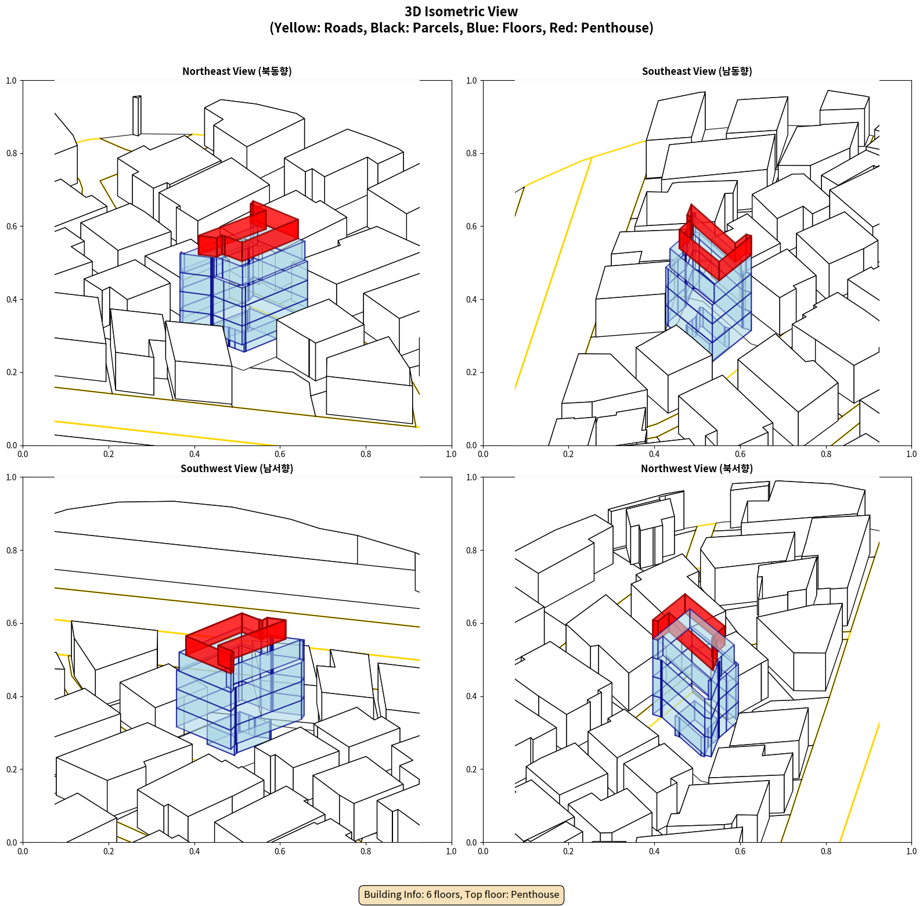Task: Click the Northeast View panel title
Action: coord(237,71)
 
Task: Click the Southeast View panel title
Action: coord(697,71)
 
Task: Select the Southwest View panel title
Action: coord(237,468)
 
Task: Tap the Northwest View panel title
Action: coord(697,468)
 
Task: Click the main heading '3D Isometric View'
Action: coord(461,12)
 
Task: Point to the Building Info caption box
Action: coord(461,894)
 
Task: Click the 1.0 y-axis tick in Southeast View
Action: coord(471,81)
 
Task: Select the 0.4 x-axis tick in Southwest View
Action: coord(194,851)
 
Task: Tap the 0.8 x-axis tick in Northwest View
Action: coord(826,851)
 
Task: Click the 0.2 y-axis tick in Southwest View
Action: coord(12,770)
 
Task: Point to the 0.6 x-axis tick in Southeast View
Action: coord(740,454)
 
